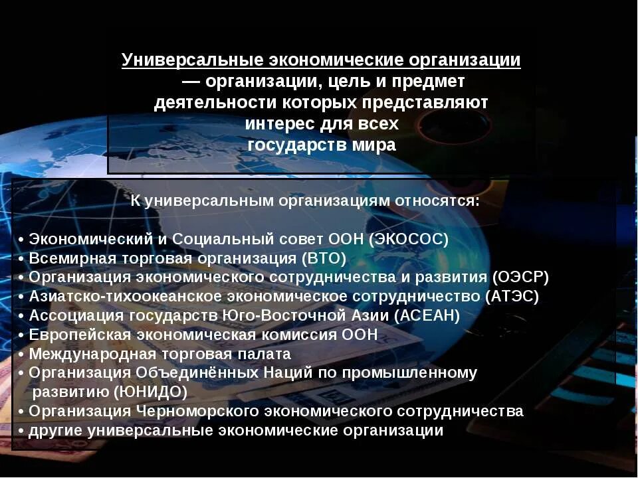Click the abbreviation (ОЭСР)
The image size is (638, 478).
click(x=521, y=278)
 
